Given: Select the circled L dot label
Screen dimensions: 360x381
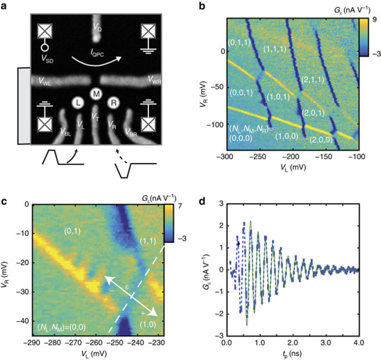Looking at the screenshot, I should (77, 104).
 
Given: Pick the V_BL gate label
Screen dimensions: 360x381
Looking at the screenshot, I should (66, 131).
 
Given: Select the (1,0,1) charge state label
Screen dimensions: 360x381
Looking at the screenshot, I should (277, 96).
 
